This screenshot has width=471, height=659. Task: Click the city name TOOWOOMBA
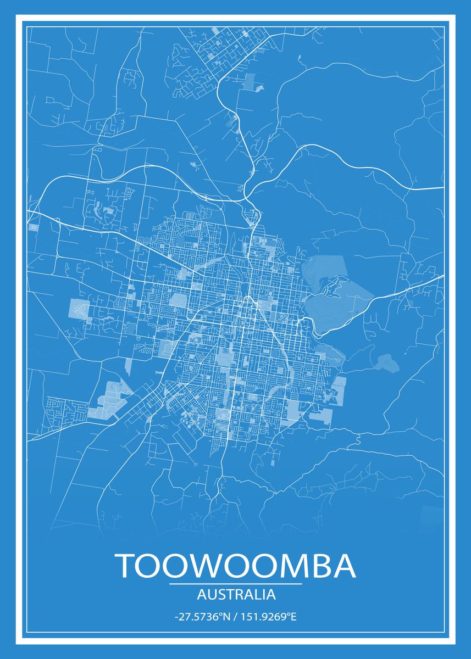pyautogui.click(x=235, y=566)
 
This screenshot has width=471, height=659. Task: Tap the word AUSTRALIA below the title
pyautogui.click(x=235, y=594)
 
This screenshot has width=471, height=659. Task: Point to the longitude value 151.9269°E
pyautogui.click(x=267, y=617)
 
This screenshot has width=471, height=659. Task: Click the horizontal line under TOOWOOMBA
pyautogui.click(x=235, y=584)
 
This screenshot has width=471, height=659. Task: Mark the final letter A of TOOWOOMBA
pyautogui.click(x=343, y=566)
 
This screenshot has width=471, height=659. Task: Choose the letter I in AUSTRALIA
pyautogui.click(x=263, y=594)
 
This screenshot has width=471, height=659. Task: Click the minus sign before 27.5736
pyautogui.click(x=176, y=617)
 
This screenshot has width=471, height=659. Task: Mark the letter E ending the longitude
pyautogui.click(x=293, y=617)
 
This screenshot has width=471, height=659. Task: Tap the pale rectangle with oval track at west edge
pyautogui.click(x=80, y=309)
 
